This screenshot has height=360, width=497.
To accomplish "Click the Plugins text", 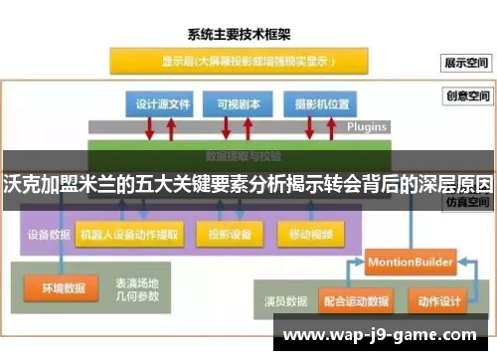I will tap(367, 128).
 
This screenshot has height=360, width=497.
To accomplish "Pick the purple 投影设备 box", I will tap(230, 236).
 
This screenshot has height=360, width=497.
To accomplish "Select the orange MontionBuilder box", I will tap(411, 262).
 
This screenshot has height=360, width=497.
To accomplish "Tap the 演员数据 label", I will tap(286, 297).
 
